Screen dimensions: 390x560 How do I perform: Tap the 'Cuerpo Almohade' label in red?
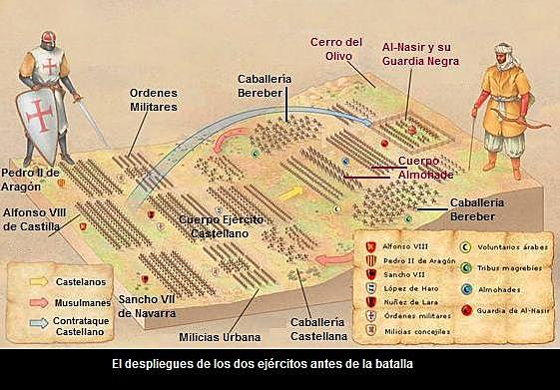[425, 167]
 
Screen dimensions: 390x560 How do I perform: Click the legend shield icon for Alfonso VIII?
[370, 245]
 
